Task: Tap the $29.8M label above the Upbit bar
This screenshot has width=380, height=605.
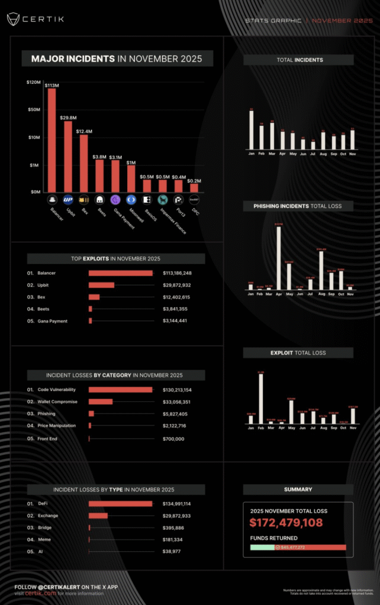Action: pyautogui.click(x=68, y=118)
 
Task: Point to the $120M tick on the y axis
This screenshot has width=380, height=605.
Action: pyautogui.click(x=33, y=82)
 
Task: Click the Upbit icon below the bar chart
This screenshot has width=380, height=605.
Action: pyautogui.click(x=68, y=200)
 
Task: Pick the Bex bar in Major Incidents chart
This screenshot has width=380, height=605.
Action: pyautogui.click(x=84, y=163)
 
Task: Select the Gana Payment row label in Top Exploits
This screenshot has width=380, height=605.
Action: pyautogui.click(x=52, y=321)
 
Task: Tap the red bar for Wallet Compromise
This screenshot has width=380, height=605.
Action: pyautogui.click(x=101, y=402)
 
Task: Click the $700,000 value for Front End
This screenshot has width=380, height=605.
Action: pyautogui.click(x=173, y=438)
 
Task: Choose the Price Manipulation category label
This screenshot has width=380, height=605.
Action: pyautogui.click(x=56, y=426)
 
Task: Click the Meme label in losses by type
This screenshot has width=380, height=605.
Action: pyautogui.click(x=44, y=539)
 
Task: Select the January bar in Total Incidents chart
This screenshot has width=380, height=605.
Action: pyautogui.click(x=251, y=130)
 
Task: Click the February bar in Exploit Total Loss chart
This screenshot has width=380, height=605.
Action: pyautogui.click(x=261, y=399)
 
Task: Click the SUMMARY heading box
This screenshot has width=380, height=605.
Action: pyautogui.click(x=298, y=489)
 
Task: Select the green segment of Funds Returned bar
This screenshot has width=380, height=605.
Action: pyautogui.click(x=262, y=547)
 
